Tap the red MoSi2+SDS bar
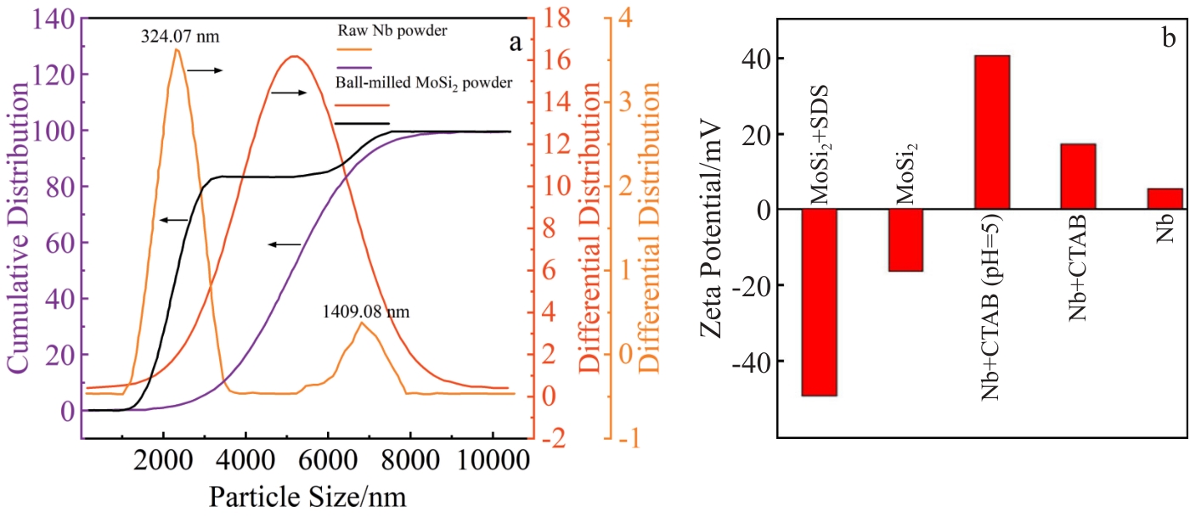coord(820,302)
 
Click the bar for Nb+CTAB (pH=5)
coord(992,132)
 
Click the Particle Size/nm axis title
coord(302,495)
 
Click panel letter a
coord(514,44)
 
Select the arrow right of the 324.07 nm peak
coord(205,70)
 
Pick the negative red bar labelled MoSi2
coord(905,240)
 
